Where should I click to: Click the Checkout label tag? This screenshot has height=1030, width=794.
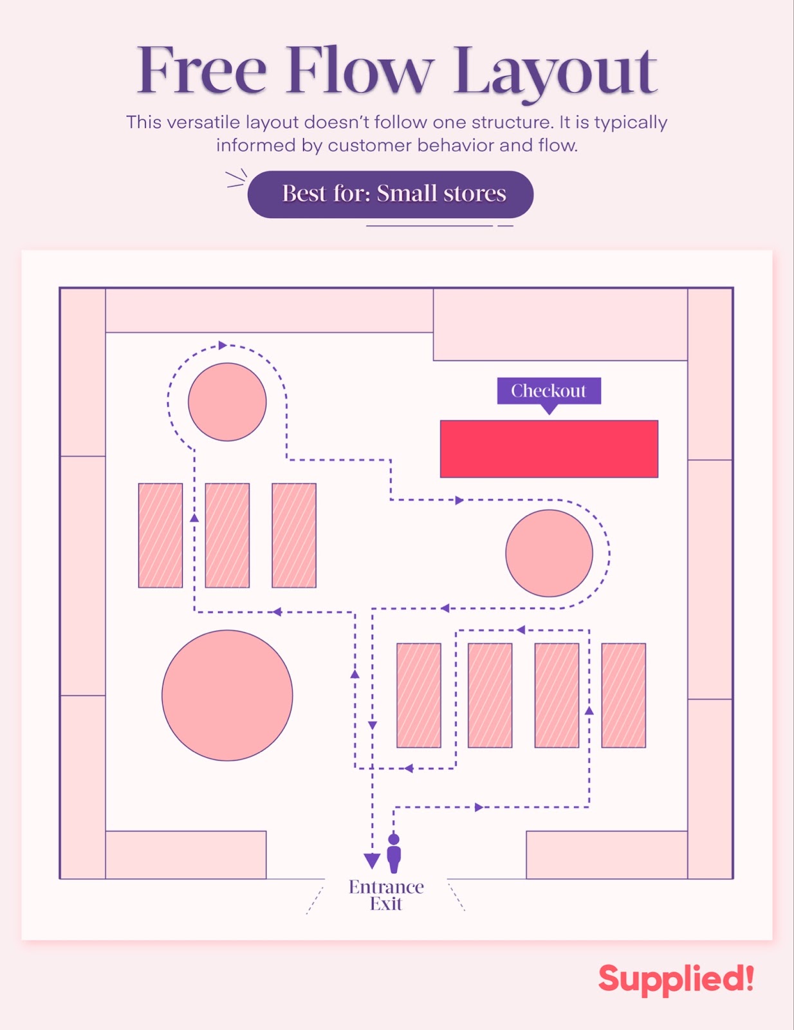click(548, 391)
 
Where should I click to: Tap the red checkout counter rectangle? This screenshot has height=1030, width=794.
click(549, 449)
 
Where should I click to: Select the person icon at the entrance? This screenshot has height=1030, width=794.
click(394, 853)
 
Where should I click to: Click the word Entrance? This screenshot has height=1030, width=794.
click(386, 887)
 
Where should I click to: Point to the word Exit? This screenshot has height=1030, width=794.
click(386, 904)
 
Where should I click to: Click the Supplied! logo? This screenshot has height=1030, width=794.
click(676, 979)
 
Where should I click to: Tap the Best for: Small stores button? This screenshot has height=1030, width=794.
click(391, 194)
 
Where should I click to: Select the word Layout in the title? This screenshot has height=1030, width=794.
click(555, 72)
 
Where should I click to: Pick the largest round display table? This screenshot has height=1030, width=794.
click(227, 695)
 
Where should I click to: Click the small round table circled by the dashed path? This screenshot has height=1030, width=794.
click(227, 402)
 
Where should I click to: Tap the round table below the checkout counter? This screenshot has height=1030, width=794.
click(549, 553)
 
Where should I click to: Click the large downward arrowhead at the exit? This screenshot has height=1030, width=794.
click(372, 861)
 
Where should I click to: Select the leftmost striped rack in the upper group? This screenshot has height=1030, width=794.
click(160, 535)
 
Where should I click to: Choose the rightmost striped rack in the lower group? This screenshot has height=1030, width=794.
click(623, 695)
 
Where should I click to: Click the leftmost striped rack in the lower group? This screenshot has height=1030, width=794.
click(419, 695)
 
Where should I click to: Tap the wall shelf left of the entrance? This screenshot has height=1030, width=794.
click(186, 854)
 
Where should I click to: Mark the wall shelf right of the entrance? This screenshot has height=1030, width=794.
click(607, 854)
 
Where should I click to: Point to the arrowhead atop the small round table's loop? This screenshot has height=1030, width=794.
click(223, 346)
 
